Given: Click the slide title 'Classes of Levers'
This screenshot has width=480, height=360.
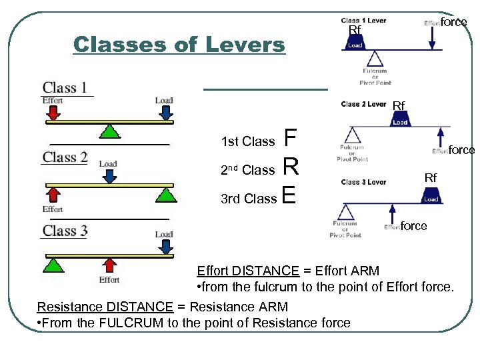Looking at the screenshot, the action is (x=179, y=45).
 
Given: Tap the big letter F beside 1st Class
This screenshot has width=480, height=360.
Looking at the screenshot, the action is (x=289, y=138).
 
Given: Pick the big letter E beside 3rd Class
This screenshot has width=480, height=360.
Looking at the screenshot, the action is (x=289, y=195).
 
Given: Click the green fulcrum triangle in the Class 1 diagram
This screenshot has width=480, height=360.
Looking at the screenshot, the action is (x=111, y=131).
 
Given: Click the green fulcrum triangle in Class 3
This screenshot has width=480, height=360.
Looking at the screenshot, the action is (x=53, y=264).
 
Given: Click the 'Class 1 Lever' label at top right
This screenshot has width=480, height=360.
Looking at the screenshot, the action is (x=363, y=21).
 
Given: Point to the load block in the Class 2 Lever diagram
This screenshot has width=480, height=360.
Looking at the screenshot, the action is (x=399, y=121).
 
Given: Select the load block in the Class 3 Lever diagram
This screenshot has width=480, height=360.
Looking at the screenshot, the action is (x=431, y=195).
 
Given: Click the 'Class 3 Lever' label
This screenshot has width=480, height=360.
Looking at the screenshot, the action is (x=363, y=182).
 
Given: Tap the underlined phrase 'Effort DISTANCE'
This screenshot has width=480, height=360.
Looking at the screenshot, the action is (x=248, y=271).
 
